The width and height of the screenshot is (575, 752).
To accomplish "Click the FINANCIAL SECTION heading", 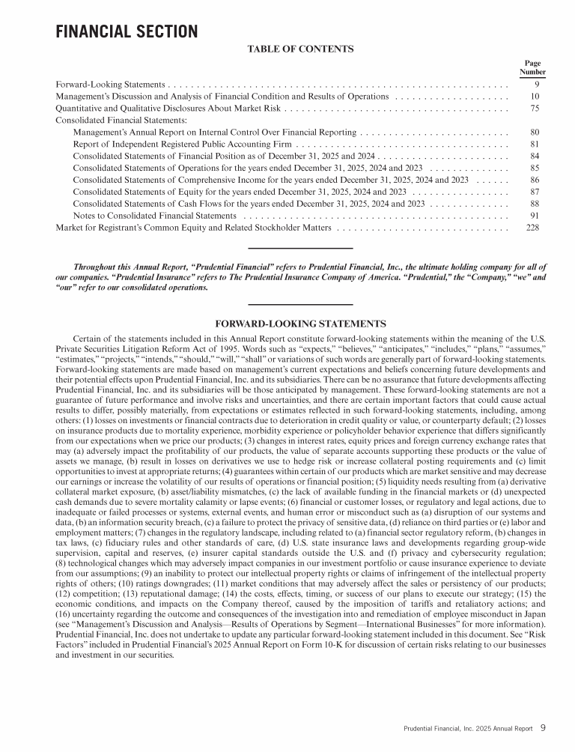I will (127, 31).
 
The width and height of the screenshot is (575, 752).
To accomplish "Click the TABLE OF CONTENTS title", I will (300, 49).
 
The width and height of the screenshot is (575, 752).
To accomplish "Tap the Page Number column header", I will (532, 68).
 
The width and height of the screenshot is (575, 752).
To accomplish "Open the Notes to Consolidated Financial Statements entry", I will (155, 216).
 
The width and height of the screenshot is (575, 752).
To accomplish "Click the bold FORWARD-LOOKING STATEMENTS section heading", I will (300, 324).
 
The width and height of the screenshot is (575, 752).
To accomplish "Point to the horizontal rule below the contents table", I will (300, 248).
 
